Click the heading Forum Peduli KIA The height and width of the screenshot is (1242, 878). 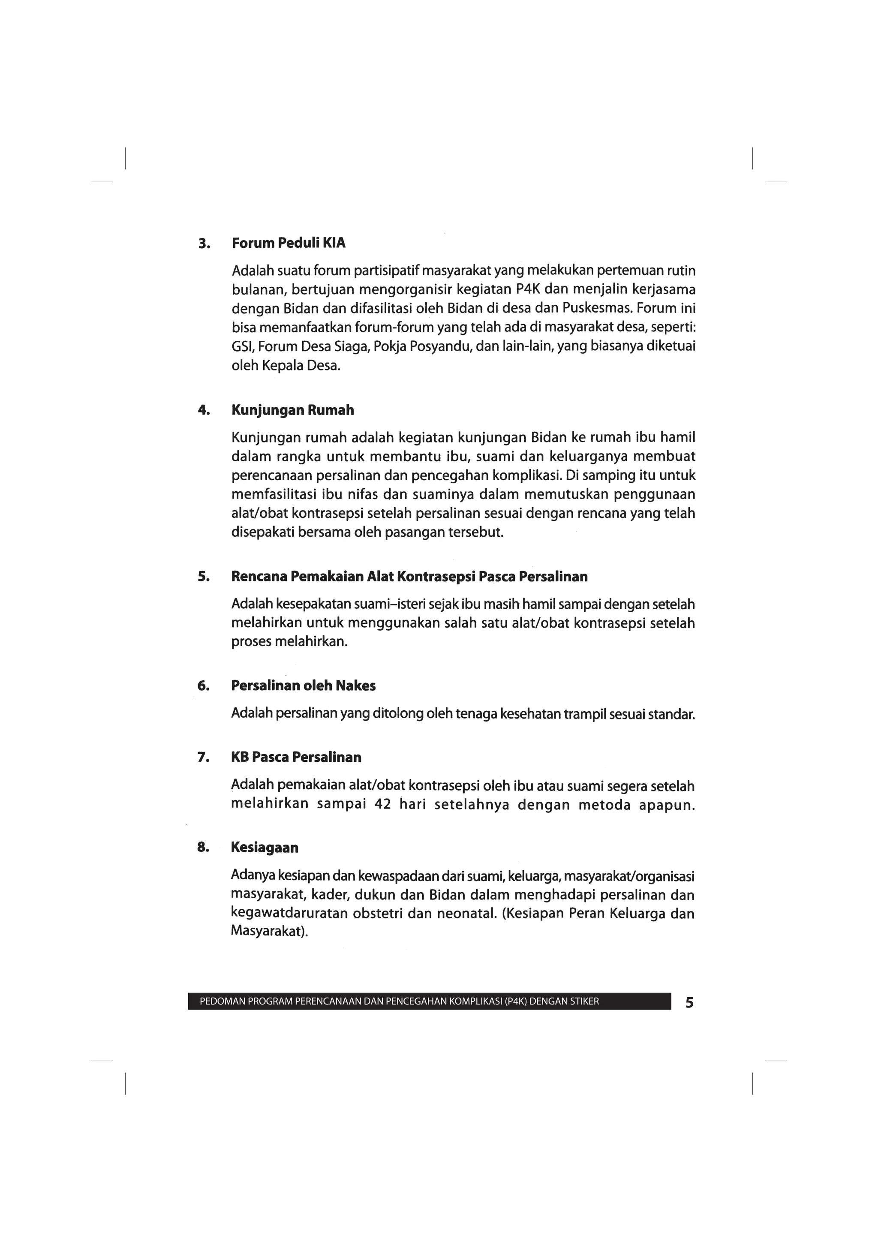tap(289, 244)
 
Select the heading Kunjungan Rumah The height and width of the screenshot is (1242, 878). tap(293, 410)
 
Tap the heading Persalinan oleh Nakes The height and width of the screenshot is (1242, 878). tap(303, 686)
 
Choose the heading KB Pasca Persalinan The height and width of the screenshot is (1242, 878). tap(296, 757)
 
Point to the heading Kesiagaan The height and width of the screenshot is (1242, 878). tap(265, 847)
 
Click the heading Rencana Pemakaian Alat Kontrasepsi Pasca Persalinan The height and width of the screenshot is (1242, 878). tap(409, 576)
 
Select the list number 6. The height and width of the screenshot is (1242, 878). tap(203, 686)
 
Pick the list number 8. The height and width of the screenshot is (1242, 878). tap(203, 847)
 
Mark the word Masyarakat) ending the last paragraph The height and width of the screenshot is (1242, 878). tap(269, 932)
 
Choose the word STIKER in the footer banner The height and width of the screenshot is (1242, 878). tap(584, 1001)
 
